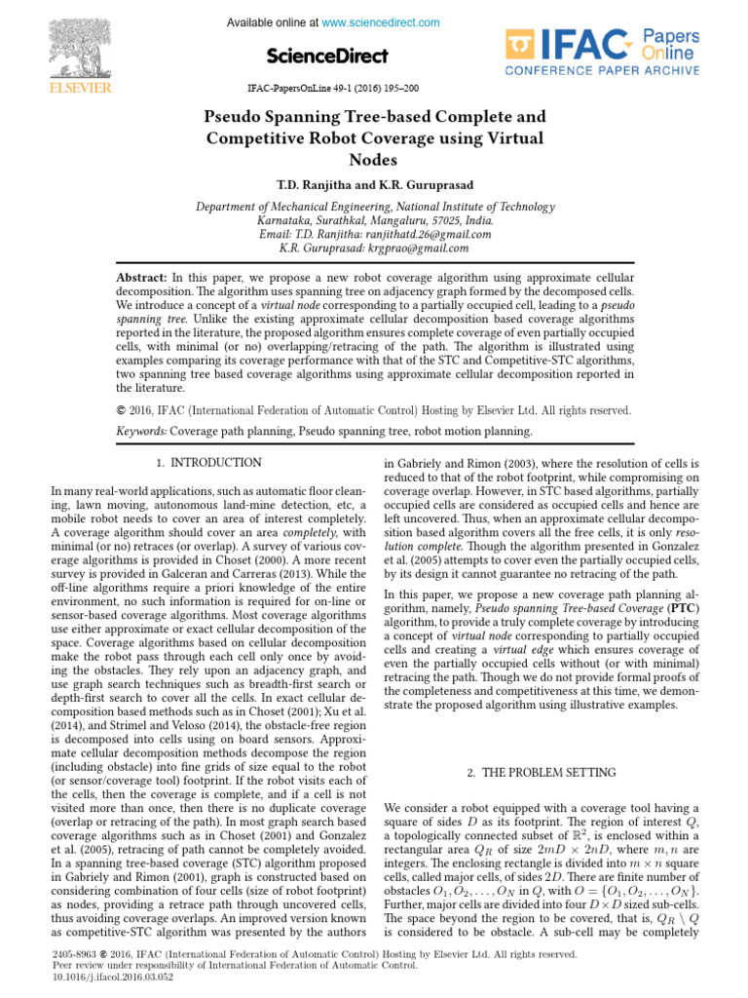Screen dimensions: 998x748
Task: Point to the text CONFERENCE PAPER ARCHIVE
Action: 602,70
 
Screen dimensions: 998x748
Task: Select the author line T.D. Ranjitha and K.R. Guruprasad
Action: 373,183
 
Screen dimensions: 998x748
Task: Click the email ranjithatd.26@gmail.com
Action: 429,234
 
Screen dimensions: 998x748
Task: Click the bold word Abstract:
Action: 141,279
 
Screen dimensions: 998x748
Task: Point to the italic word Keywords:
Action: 141,431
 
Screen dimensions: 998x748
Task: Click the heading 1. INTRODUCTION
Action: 208,463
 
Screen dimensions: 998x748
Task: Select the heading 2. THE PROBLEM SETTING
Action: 541,773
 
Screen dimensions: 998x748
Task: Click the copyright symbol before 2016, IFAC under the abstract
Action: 121,410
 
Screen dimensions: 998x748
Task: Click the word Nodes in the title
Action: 373,160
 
